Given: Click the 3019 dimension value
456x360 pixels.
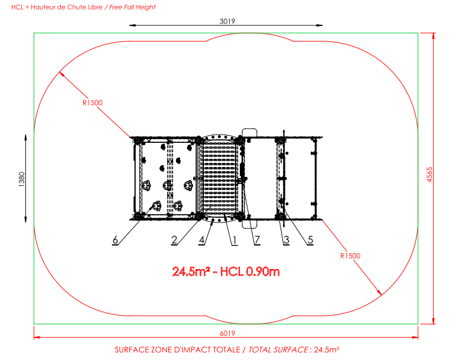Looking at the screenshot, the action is click(x=227, y=21).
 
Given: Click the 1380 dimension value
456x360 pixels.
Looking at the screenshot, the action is click(x=22, y=179).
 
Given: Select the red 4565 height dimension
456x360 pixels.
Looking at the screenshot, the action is click(x=429, y=175).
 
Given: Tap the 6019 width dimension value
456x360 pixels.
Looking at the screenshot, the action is click(x=227, y=333).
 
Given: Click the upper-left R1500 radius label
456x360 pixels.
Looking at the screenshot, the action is click(x=93, y=103).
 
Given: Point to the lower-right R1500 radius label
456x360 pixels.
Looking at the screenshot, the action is click(x=350, y=256).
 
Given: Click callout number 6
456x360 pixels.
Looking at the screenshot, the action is click(x=115, y=240).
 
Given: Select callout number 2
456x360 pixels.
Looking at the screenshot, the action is click(x=174, y=240).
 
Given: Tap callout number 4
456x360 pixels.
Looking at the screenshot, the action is click(x=202, y=240).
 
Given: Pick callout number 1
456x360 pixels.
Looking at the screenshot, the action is click(x=234, y=240).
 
